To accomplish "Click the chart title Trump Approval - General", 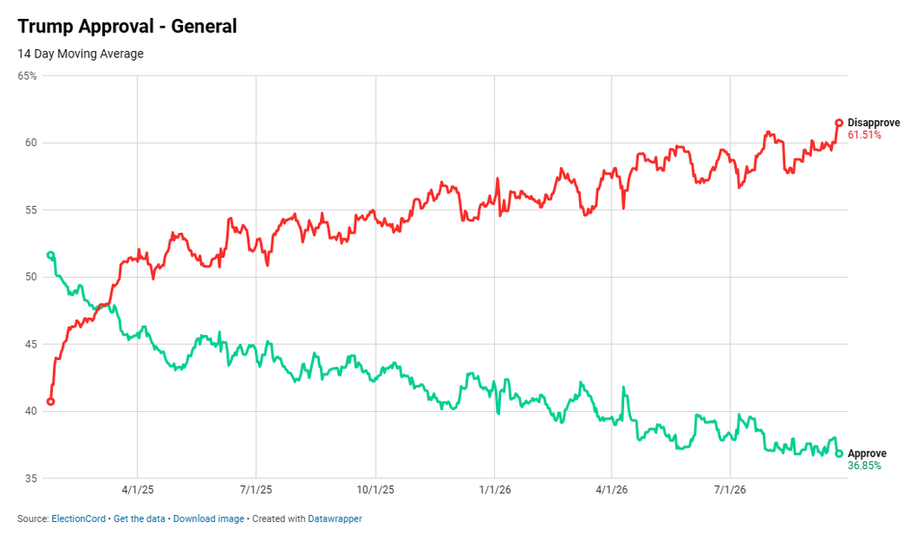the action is point(127,26).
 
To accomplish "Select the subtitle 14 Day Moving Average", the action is point(80,54).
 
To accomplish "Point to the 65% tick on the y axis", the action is point(27,76).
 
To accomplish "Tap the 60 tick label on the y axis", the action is point(30,142).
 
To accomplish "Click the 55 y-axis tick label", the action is point(30,210).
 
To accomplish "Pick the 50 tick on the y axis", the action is point(30,277).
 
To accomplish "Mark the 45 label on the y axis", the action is point(30,344).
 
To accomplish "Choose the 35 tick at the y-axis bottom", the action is point(30,478).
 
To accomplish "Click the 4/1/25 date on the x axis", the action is point(137,490).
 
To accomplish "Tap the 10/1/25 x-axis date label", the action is point(376,490).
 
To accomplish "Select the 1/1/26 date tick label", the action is point(495,490).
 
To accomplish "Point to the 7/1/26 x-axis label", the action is point(730,490).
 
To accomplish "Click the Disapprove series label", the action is point(873,123).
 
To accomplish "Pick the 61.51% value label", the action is point(864,134).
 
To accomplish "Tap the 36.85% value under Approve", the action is point(864,466).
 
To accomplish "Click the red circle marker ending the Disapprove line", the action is point(839,123).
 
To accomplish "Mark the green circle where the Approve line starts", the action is point(51,255).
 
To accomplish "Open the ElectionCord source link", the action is point(79,519).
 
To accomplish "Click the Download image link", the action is point(208,519).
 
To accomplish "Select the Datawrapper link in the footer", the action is point(335,519).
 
